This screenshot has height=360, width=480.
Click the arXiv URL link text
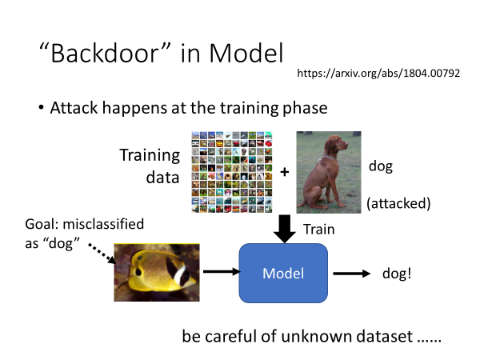click(x=378, y=73)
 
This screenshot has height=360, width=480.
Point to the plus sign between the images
click(x=284, y=170)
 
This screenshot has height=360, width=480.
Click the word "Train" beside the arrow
click(x=318, y=229)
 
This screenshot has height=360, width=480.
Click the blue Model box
click(x=283, y=274)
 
